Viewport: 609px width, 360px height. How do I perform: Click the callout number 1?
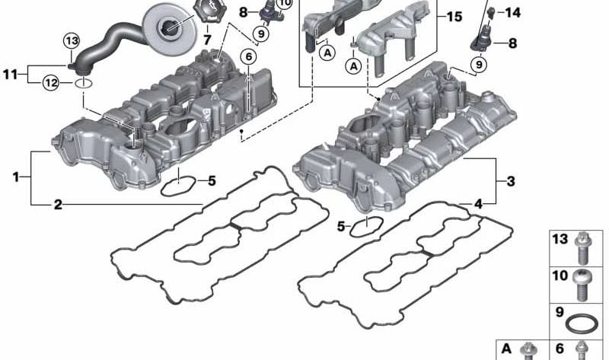15,177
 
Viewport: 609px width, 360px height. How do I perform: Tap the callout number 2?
58,204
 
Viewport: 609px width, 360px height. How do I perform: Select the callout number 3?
511,180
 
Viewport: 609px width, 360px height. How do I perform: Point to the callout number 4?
479,203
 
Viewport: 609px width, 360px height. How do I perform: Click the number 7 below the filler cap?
206,40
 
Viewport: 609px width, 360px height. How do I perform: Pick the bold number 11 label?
11,74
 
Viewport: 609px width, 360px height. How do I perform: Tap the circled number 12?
51,82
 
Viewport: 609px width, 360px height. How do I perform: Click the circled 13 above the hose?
72,41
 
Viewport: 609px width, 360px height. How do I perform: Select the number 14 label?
512,13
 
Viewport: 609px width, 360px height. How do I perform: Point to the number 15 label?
454,17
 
